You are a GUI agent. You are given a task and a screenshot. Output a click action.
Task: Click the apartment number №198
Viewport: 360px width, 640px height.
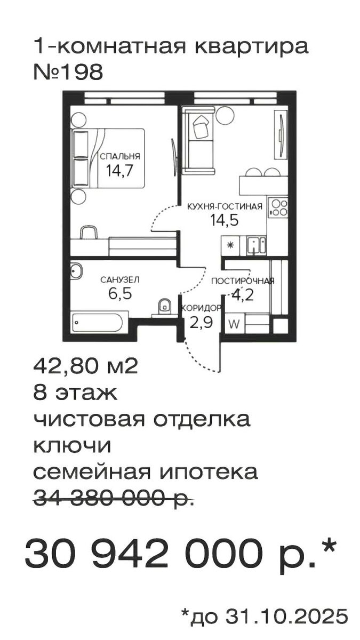coord(68,73)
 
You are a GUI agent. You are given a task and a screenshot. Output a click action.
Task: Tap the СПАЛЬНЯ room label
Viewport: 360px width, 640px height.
coord(120,156)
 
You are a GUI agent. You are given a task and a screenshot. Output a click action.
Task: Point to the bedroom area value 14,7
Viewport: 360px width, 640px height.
coord(120,173)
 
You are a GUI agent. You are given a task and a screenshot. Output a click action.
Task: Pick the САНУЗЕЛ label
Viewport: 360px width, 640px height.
coord(120,279)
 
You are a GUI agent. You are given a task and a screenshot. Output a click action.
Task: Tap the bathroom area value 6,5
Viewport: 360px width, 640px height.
coord(119,293)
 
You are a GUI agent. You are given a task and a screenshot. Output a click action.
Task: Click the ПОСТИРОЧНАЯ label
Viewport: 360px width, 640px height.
coord(243,282)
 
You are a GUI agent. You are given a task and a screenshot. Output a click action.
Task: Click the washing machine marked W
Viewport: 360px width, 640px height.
coord(233,323)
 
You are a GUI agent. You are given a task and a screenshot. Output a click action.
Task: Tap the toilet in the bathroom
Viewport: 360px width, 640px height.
coord(164,306)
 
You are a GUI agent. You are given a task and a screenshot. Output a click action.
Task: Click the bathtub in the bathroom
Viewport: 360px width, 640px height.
coord(98,322)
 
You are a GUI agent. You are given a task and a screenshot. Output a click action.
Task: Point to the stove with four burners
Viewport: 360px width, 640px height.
coord(278,207)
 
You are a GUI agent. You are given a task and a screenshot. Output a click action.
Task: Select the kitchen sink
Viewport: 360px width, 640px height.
coord(257,245)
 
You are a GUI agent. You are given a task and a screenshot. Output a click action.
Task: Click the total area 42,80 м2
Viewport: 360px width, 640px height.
coord(86,367)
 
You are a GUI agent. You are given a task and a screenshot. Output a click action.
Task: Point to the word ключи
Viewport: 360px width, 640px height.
coord(72,445)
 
